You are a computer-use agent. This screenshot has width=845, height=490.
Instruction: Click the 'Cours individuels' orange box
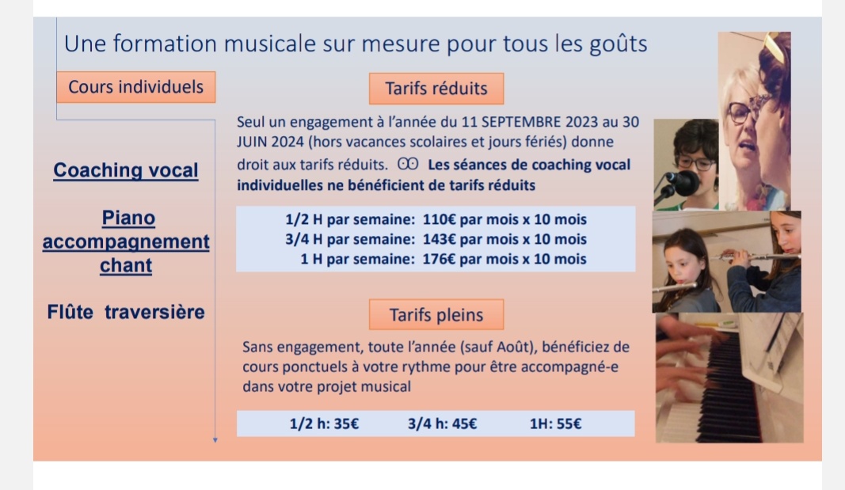[135, 87]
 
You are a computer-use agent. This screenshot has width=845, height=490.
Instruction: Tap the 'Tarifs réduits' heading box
[436, 89]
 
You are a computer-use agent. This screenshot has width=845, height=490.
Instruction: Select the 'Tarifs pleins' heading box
[436, 314]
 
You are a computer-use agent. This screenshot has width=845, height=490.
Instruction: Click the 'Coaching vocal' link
[126, 170]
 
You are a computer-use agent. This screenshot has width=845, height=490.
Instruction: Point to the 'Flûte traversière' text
[126, 313]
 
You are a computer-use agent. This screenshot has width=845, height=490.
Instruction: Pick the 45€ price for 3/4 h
[465, 424]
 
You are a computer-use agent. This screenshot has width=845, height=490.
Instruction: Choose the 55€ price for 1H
[569, 424]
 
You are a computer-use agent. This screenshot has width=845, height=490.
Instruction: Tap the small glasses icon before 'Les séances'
[408, 164]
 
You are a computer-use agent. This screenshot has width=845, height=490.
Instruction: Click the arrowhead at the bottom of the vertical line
[215, 440]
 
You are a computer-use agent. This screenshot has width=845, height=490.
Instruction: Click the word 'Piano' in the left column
[128, 218]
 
